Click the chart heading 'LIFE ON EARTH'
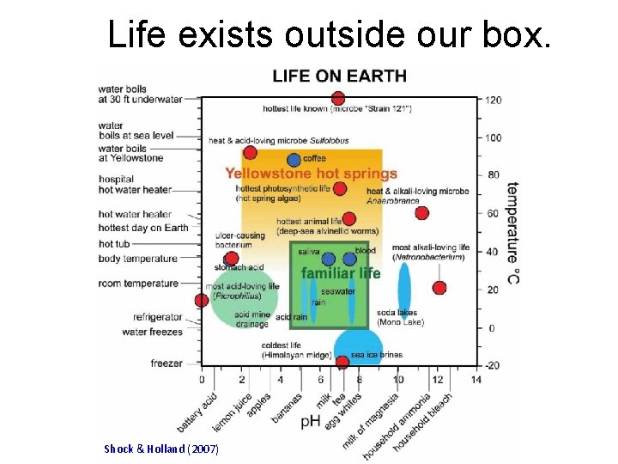pyautogui.click(x=339, y=76)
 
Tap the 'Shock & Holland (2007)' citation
pyautogui.click(x=161, y=449)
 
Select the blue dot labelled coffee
pyautogui.click(x=294, y=160)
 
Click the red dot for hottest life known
pyautogui.click(x=338, y=99)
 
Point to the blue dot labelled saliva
pyautogui.click(x=327, y=259)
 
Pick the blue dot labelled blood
pyautogui.click(x=349, y=259)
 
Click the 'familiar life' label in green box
pyautogui.click(x=341, y=273)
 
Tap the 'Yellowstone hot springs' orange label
pyautogui.click(x=311, y=174)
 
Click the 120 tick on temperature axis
pyautogui.click(x=493, y=101)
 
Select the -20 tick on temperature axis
pyautogui.click(x=492, y=366)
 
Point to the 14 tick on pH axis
pyautogui.click(x=476, y=379)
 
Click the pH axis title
pyautogui.click(x=311, y=422)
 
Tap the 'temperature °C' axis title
pyautogui.click(x=512, y=231)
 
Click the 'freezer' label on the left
pyautogui.click(x=167, y=363)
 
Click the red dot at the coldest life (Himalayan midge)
pyautogui.click(x=342, y=362)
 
